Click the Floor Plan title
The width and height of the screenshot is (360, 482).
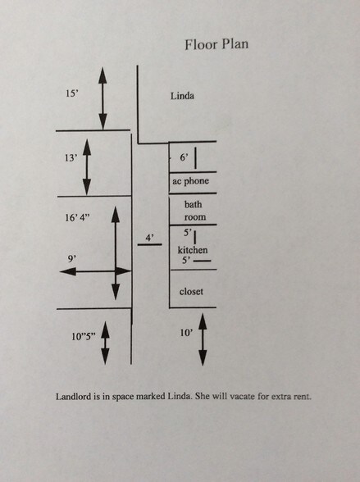[x=216, y=44]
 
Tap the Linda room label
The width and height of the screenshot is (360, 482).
[x=182, y=96]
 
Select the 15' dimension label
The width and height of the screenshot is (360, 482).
[x=72, y=93]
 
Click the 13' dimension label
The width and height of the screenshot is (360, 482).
[x=71, y=158]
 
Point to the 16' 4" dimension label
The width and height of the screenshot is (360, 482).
[x=77, y=218]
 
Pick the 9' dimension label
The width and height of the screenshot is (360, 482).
[x=71, y=259]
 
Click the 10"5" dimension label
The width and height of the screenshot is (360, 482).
[x=84, y=337]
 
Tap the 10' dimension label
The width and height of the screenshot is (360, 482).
[x=187, y=333]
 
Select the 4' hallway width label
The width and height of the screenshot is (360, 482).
[x=149, y=238]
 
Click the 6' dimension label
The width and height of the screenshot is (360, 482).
[x=184, y=157]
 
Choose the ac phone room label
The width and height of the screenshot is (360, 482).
[x=190, y=181]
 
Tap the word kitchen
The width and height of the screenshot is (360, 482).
[x=193, y=249]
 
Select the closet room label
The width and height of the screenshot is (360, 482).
[x=191, y=291]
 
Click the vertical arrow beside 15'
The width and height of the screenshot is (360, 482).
[x=103, y=98]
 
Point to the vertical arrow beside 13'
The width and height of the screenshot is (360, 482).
[x=87, y=167]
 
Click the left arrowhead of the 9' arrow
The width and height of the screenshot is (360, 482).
[x=67, y=271]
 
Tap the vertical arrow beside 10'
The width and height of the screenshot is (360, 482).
[x=203, y=339]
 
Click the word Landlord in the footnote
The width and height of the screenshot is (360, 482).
[x=74, y=397]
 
